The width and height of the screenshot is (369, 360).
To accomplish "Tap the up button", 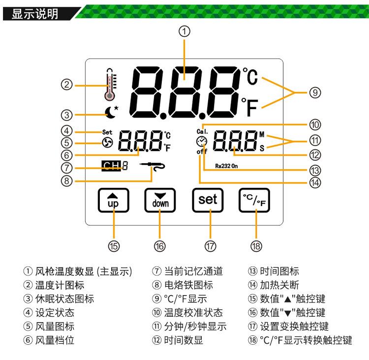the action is (x=114, y=201).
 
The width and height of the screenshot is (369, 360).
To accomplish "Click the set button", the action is (x=208, y=201).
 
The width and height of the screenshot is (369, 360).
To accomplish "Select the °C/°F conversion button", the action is (x=254, y=201).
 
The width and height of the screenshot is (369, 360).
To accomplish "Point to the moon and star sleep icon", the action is (x=112, y=113).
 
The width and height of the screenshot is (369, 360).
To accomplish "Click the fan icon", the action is (x=108, y=143).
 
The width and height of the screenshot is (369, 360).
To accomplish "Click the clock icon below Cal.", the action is (x=202, y=142).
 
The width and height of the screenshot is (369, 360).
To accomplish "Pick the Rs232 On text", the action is (x=226, y=166).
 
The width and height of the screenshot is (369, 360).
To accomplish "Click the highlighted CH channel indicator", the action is (x=111, y=166).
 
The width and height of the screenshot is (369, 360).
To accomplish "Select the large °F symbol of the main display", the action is (x=250, y=107).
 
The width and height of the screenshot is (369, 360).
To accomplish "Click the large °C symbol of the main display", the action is (x=250, y=76).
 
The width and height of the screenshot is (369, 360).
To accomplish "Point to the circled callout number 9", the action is (x=315, y=92).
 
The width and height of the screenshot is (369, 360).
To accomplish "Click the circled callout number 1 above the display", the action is (x=184, y=31).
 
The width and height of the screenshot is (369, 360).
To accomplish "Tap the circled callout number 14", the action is (x=315, y=182).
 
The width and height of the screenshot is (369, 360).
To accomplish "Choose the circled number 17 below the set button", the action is (x=210, y=246).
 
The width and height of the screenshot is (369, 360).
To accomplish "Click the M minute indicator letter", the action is (x=262, y=134).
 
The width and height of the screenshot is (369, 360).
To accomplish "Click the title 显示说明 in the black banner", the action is (x=35, y=14).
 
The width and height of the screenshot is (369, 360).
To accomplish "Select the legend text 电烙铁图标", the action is (x=188, y=285).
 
